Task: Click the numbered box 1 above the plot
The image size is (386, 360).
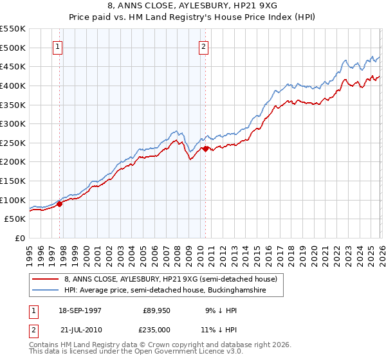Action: pos(59,46)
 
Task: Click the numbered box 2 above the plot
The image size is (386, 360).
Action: pos(203,46)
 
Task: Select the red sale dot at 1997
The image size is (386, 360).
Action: pos(59,204)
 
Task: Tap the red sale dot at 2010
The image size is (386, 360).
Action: pos(205,148)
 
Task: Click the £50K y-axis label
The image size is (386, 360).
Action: pos(15,219)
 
